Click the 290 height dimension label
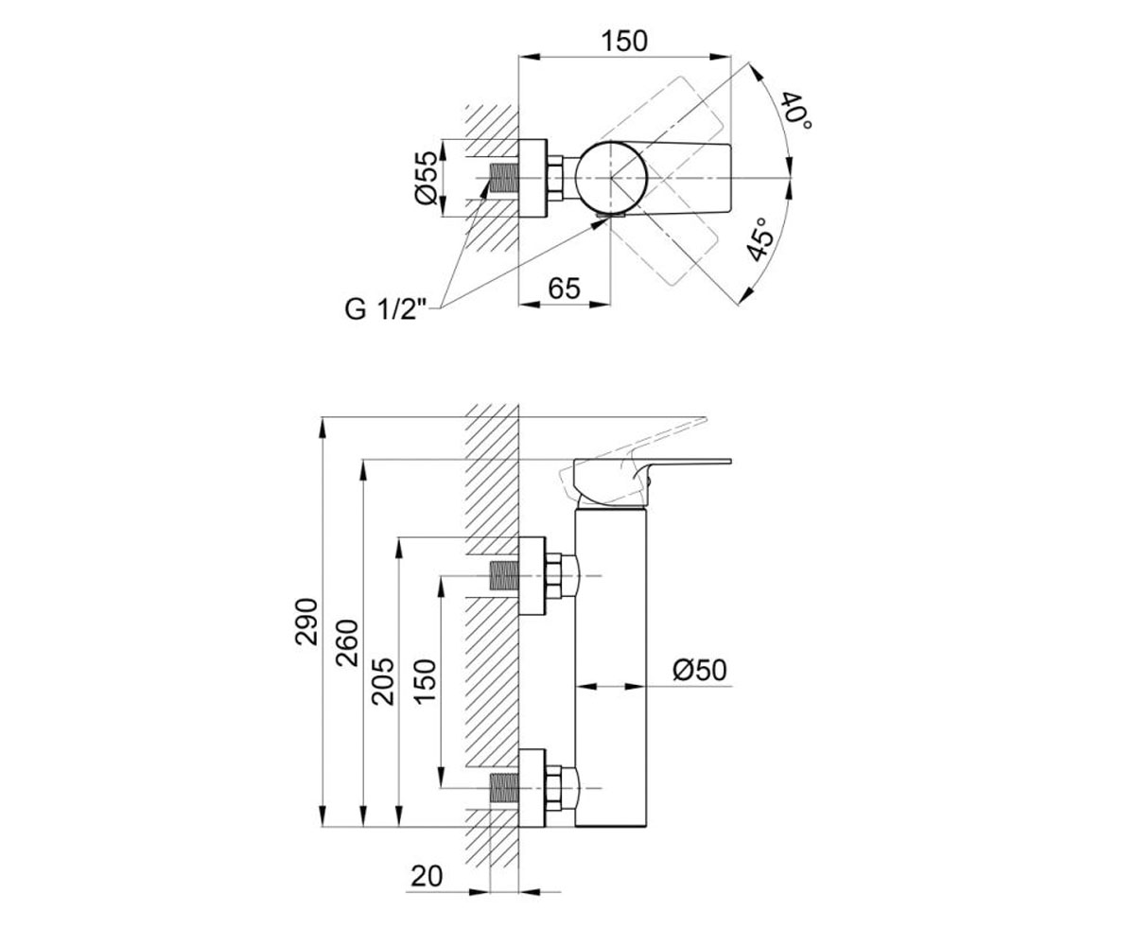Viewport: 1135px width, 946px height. click(306, 622)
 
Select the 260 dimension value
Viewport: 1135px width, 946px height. click(347, 642)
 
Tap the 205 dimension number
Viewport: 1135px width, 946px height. click(382, 682)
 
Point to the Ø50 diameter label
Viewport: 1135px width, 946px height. click(700, 670)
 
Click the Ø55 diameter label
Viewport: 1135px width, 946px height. click(425, 178)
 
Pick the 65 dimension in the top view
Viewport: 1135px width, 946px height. click(565, 288)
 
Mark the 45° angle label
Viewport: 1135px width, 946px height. click(759, 239)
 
